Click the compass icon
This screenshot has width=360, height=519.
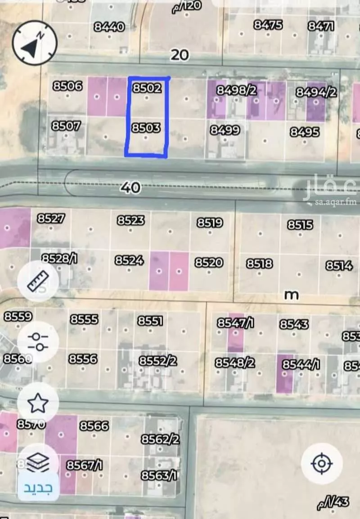pos(35,43)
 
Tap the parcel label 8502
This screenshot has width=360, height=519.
pos(146,88)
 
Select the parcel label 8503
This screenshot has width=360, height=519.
pos(146,128)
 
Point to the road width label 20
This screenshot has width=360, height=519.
pos(180,55)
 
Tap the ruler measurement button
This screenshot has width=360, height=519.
pos(38,281)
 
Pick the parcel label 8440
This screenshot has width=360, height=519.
pos(109,27)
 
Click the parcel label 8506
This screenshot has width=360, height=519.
pos(67,85)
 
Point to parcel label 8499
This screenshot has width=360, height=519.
pos(225,130)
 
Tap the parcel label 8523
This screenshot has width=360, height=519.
pos(130,220)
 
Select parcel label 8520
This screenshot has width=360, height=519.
pos(209,262)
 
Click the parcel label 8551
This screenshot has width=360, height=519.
pos(150,321)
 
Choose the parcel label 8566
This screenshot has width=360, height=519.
pos(94,425)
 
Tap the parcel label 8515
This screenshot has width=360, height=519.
pos(300,224)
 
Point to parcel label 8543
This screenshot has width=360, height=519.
pos(294,324)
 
